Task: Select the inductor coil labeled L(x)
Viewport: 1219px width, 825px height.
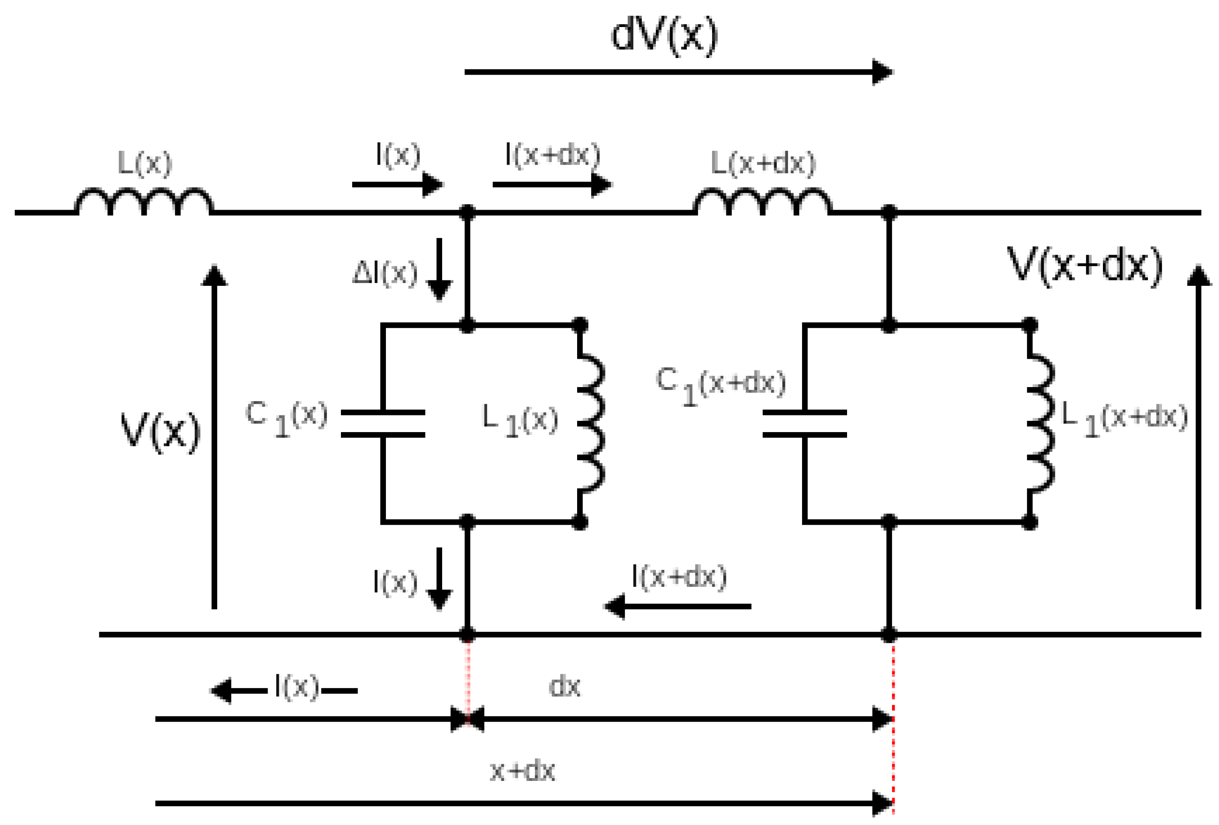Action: [x=144, y=202]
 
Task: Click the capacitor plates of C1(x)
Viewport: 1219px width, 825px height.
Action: [x=383, y=424]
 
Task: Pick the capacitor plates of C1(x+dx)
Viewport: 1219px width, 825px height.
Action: [x=805, y=424]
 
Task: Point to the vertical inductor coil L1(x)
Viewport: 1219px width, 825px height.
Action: [x=592, y=424]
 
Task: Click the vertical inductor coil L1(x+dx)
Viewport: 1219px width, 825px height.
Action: [x=1041, y=424]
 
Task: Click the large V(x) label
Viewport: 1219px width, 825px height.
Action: [x=161, y=431]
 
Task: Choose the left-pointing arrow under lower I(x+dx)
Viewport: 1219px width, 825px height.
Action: [x=678, y=606]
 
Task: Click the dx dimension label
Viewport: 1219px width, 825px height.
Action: [x=565, y=687]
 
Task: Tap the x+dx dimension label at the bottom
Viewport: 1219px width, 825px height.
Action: [x=522, y=771]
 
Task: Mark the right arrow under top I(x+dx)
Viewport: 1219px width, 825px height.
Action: [x=552, y=184]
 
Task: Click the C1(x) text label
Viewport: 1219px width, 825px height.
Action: [x=287, y=418]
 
